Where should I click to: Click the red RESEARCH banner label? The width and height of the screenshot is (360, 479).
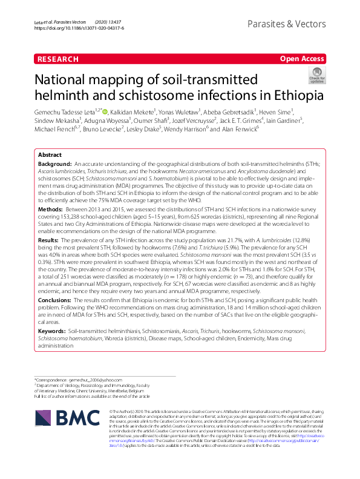(58, 59)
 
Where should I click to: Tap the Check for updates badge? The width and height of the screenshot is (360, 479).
(316, 76)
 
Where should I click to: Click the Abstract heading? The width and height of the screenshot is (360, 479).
(50, 155)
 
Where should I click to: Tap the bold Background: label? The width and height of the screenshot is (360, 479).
(55, 165)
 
